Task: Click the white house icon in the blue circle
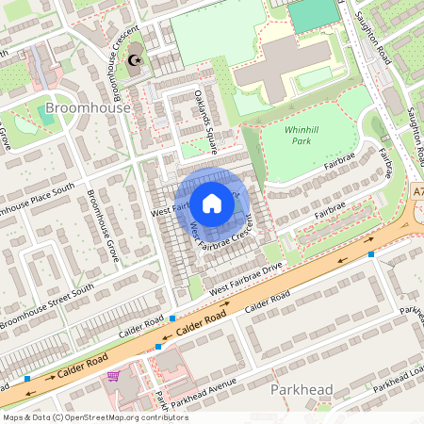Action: (212, 203)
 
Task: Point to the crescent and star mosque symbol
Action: (135, 59)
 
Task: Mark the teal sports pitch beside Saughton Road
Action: (314, 13)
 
